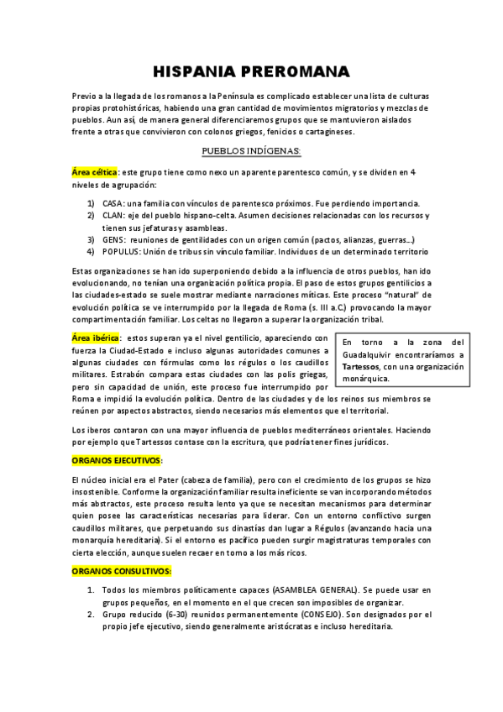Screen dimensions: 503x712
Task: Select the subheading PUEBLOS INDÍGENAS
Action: [251, 150]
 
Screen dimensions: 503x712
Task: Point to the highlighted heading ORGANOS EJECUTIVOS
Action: [117, 460]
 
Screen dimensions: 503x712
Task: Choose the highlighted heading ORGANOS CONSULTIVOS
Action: [122, 570]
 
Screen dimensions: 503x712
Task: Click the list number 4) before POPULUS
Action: [90, 251]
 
